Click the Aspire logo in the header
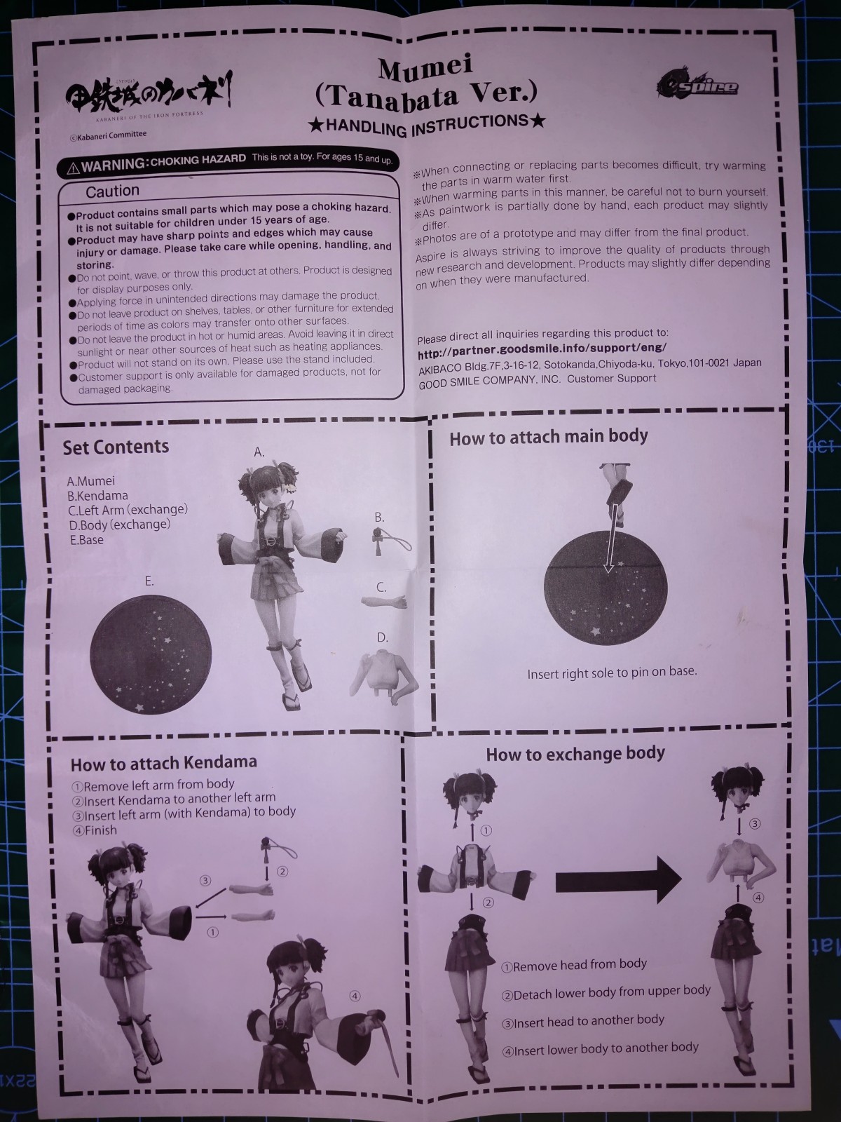(x=698, y=85)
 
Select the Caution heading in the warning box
(x=112, y=191)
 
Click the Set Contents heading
(x=116, y=447)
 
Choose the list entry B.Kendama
(x=97, y=495)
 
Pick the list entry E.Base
(x=87, y=540)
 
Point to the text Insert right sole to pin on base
(x=612, y=672)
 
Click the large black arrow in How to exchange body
(x=618, y=880)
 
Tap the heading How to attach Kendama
(x=163, y=763)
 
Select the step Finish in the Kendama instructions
(x=95, y=831)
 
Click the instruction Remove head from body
(x=575, y=965)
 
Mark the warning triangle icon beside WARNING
(x=73, y=167)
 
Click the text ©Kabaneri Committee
(x=108, y=135)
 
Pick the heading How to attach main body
(x=549, y=437)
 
